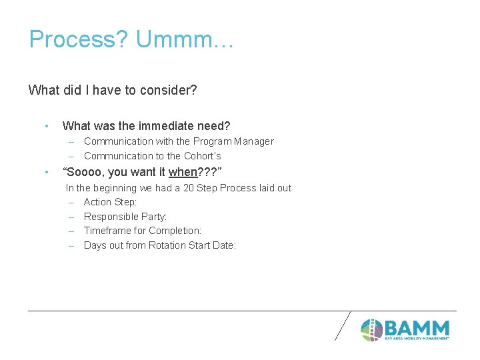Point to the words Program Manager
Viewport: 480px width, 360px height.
pyautogui.click(x=233, y=141)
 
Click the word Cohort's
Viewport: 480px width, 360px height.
pyautogui.click(x=202, y=156)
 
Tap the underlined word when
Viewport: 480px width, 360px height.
pyautogui.click(x=183, y=172)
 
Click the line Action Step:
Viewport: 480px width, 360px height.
pyautogui.click(x=110, y=202)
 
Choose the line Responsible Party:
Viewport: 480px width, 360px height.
pyautogui.click(x=125, y=217)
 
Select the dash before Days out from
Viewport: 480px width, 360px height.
pyautogui.click(x=70, y=245)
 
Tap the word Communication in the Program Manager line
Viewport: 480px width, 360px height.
pyautogui.click(x=118, y=141)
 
